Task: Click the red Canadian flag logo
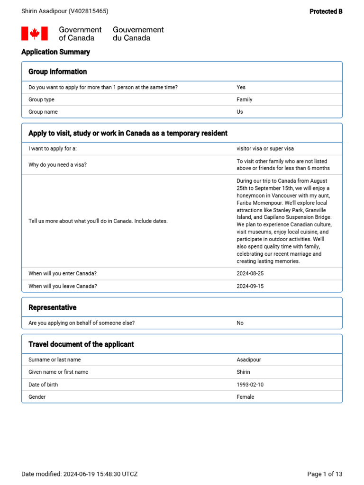[x=35, y=34]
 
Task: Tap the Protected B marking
[x=326, y=11]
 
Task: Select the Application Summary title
[x=55, y=52]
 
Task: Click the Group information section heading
[x=57, y=72]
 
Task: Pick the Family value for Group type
[x=245, y=99]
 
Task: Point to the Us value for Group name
[x=240, y=112]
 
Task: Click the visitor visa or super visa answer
[x=265, y=149]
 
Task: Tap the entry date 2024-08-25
[x=250, y=274]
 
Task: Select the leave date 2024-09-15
[x=250, y=286]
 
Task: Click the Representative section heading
[x=52, y=307]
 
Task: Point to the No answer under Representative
[x=240, y=323]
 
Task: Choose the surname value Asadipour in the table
[x=249, y=360]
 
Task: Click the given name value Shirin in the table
[x=244, y=372]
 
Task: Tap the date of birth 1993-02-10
[x=250, y=385]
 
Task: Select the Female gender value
[x=246, y=397]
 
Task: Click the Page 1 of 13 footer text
[x=325, y=474]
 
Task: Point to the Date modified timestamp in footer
[x=80, y=474]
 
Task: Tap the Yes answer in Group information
[x=241, y=87]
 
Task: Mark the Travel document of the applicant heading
[x=81, y=344]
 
